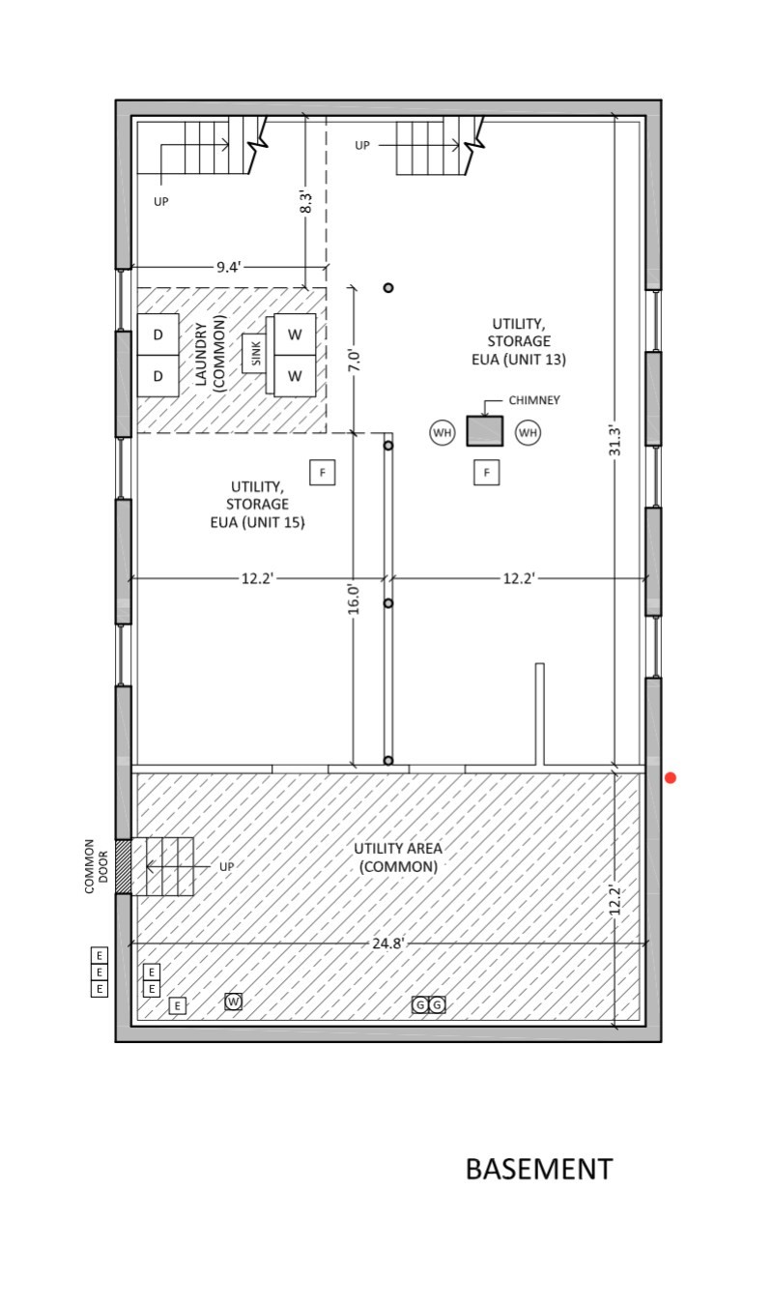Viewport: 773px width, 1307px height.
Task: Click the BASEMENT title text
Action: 539,1170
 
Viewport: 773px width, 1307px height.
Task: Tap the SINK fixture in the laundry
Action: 255,354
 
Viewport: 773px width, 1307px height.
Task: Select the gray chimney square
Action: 485,430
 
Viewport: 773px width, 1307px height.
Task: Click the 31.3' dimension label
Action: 615,441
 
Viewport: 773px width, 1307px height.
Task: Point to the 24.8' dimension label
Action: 388,943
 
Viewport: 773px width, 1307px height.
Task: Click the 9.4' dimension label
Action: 228,267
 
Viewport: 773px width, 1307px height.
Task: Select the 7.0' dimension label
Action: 354,360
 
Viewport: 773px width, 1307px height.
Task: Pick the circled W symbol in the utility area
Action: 234,1002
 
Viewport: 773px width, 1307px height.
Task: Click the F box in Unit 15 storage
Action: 323,472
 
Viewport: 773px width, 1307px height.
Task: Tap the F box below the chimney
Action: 487,472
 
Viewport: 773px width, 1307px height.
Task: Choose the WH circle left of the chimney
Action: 443,432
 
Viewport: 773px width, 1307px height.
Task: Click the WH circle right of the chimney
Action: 528,432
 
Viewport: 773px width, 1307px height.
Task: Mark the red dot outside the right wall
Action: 671,778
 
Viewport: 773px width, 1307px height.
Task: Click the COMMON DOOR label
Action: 97,866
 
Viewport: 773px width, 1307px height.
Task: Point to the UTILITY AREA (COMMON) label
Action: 398,857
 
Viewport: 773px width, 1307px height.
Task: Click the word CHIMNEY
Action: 534,400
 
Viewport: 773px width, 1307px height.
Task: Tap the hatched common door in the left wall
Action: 123,866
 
